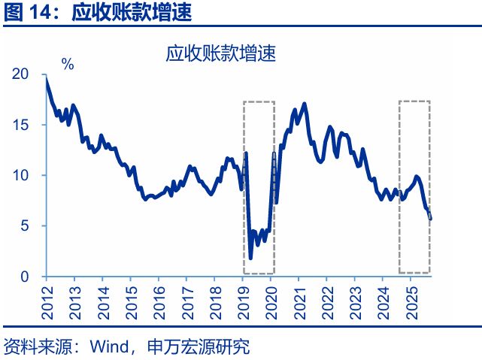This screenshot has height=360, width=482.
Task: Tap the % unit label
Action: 68,65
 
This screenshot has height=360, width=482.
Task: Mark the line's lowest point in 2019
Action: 250,258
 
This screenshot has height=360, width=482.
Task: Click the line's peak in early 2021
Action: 304,104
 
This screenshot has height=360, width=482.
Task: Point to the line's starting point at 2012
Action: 47,76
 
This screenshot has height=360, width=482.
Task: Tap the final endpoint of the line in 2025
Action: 431,219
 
